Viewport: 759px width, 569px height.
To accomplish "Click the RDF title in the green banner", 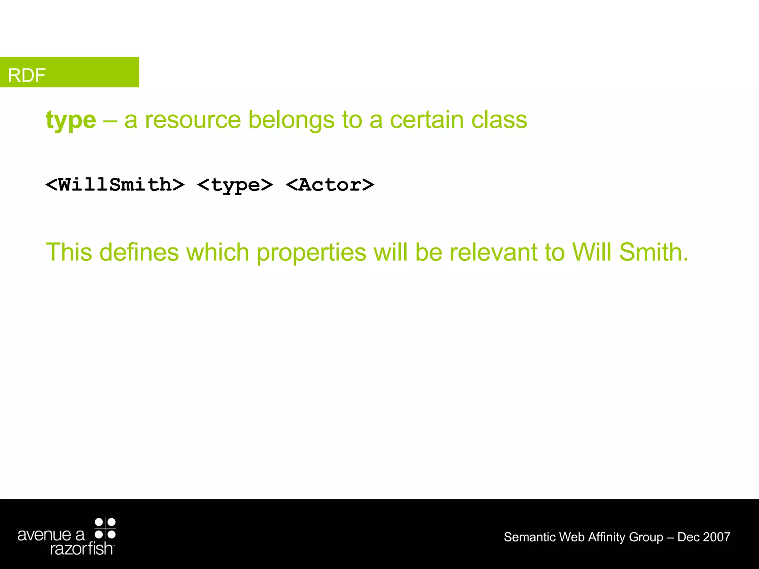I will (27, 75).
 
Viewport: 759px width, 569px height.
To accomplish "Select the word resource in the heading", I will (193, 120).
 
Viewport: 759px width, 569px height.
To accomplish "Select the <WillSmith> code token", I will (115, 184).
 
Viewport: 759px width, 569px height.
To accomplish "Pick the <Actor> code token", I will (330, 184).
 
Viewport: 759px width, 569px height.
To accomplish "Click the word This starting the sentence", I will (69, 252).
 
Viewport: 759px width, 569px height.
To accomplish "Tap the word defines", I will (139, 252).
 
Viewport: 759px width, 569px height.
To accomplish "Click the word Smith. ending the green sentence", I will (654, 252).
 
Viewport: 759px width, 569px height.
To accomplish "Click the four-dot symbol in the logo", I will (105, 528).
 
